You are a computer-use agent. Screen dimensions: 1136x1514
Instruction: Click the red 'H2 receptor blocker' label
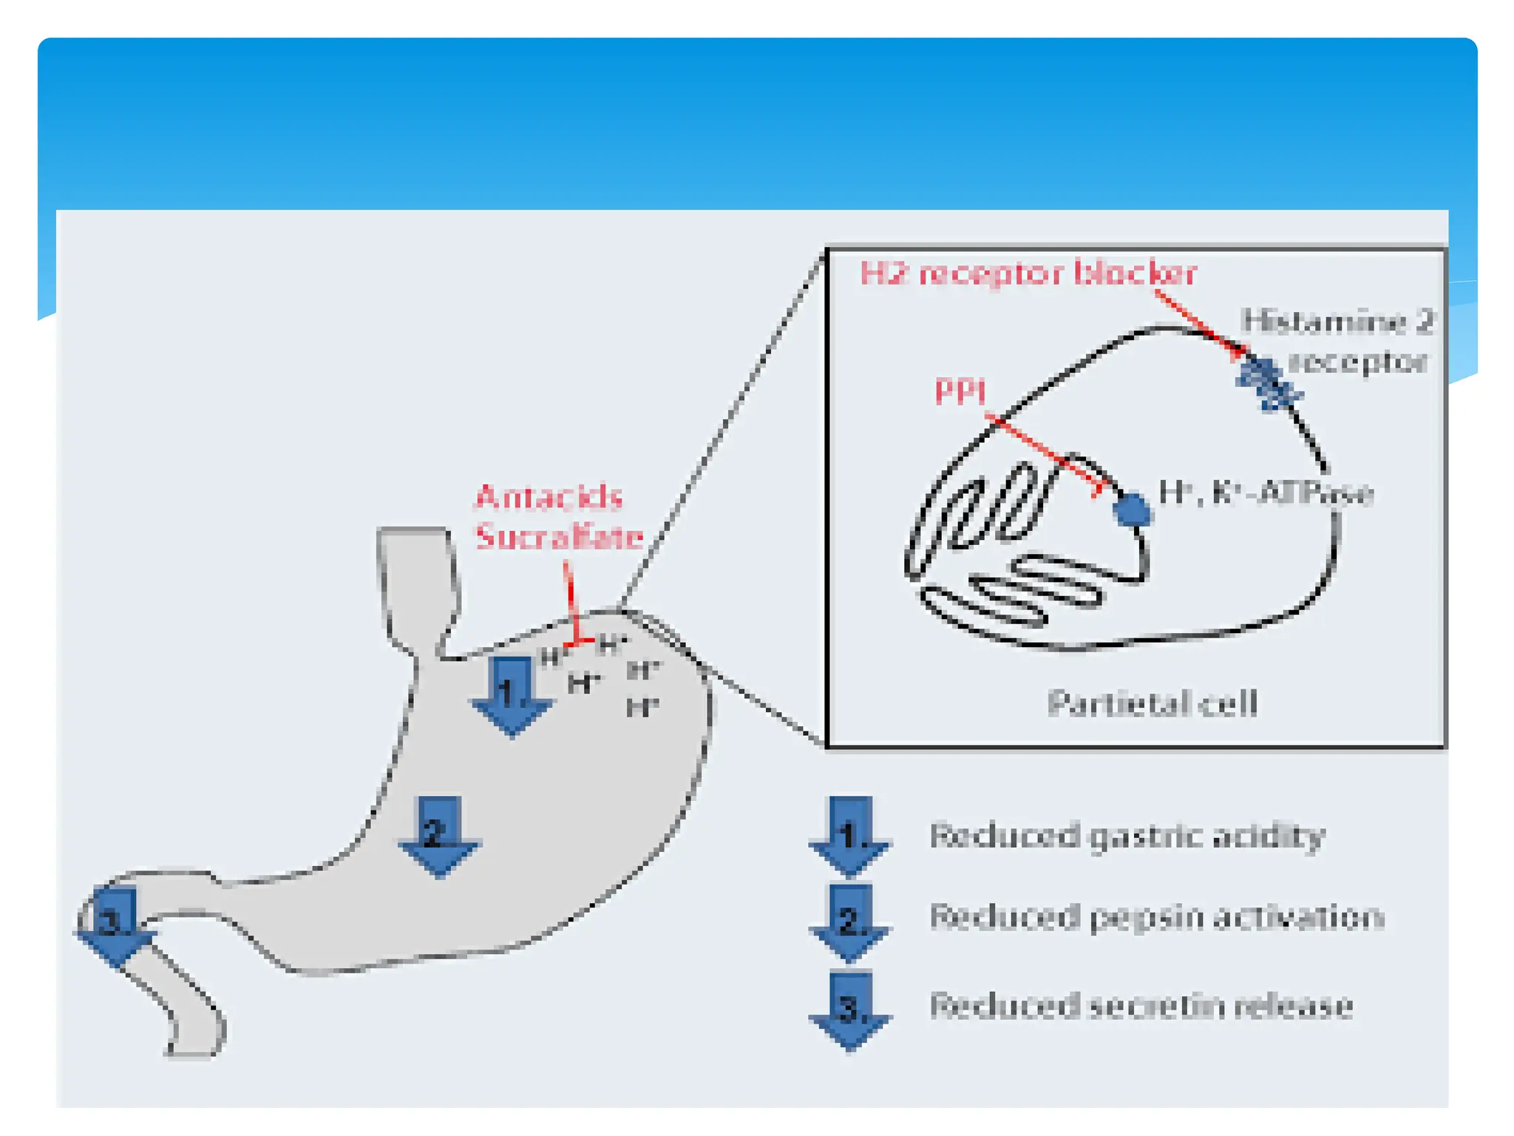(1028, 274)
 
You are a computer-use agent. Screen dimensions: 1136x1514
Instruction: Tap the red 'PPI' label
(960, 391)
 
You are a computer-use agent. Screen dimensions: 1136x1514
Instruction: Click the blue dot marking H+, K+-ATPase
(1132, 510)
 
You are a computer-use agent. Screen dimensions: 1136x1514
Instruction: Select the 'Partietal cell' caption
(1152, 703)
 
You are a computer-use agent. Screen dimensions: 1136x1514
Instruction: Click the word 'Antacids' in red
(549, 496)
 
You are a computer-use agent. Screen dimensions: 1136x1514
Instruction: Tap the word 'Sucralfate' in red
(559, 536)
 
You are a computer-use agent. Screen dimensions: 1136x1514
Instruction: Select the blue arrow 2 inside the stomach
(439, 836)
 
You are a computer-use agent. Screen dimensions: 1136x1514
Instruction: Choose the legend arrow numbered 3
(849, 1010)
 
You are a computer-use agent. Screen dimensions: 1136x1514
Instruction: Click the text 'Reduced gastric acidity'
(1127, 836)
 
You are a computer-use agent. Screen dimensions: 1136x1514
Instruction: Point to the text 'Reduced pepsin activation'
(1156, 917)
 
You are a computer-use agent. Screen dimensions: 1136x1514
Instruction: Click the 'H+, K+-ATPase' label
(1266, 493)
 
